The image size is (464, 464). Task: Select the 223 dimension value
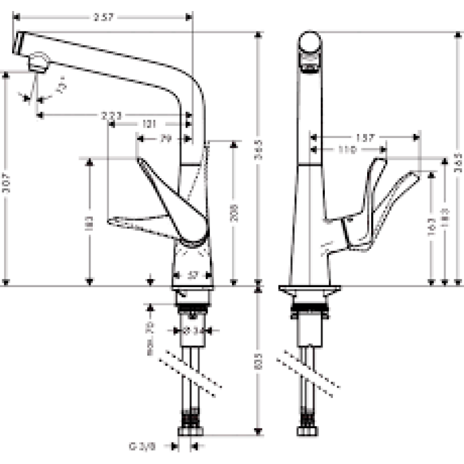(x=111, y=115)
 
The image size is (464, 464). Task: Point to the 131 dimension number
(x=151, y=124)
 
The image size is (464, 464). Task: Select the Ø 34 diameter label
(x=192, y=331)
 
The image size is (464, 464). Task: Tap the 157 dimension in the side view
(x=364, y=138)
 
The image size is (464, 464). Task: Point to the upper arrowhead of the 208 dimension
(x=233, y=144)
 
